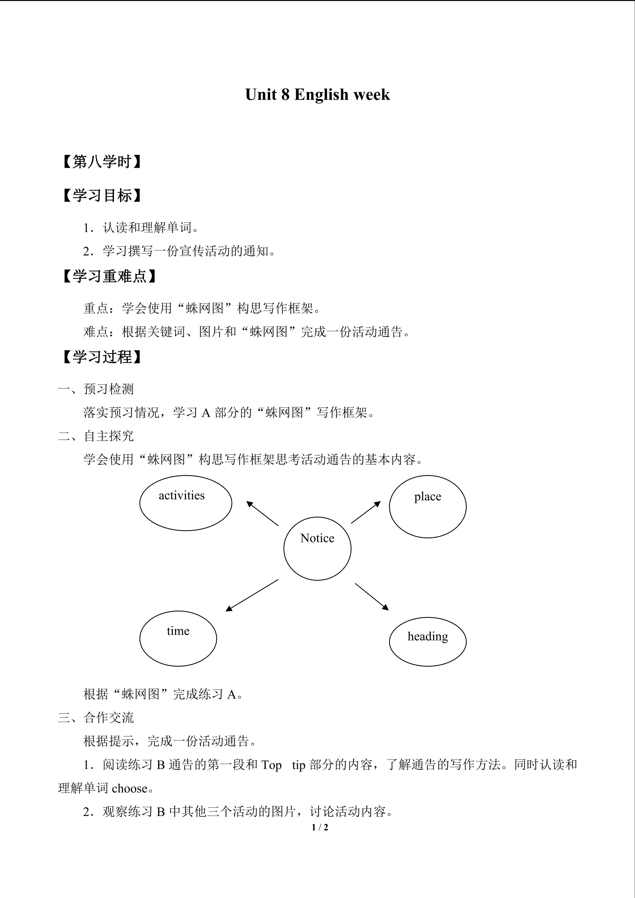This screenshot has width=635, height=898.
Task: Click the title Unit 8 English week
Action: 317,95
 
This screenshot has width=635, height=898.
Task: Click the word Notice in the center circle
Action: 317,538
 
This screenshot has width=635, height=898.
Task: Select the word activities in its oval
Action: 181,496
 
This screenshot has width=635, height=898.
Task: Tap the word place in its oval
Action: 427,496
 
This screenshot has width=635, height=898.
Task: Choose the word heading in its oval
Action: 427,636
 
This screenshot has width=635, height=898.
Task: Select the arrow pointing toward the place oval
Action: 366,512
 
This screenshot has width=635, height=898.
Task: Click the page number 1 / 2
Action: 320,827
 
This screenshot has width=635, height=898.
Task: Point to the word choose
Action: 129,788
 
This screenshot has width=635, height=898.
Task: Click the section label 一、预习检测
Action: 96,389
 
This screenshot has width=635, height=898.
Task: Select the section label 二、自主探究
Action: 96,436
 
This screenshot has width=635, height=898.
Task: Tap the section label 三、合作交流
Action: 96,718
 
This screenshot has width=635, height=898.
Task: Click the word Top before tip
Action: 271,765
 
